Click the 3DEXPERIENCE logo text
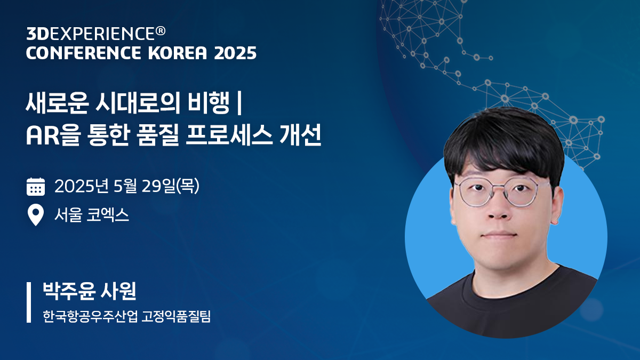pos(90,34)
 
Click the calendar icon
pos(36,187)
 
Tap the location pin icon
pos(36,215)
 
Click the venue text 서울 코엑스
pos(92,215)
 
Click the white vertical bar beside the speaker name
pos(29,302)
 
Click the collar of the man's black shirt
pos(504,276)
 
